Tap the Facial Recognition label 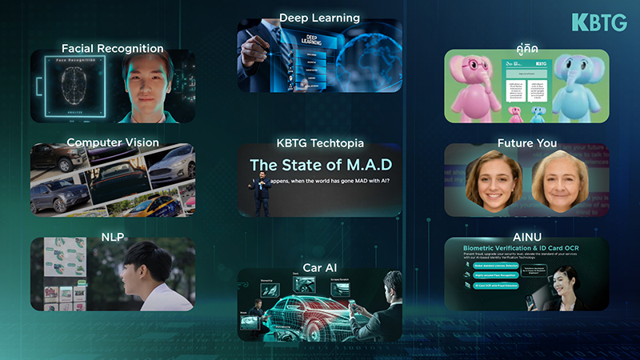coord(112,49)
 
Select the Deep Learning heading coord(319,18)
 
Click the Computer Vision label coord(112,142)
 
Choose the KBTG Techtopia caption coord(319,143)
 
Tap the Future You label coord(526,144)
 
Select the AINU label coord(527,238)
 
